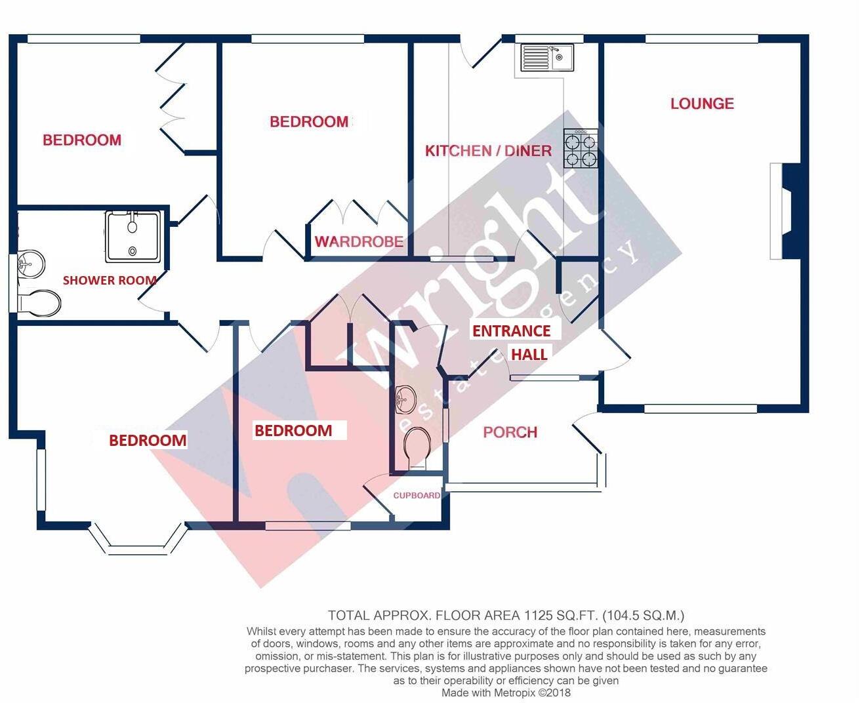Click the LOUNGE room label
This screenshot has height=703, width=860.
coord(701,104)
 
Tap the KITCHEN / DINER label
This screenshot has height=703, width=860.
coord(488,151)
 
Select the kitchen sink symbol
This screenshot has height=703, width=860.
coord(547,58)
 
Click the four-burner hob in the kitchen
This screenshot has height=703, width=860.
coord(581,150)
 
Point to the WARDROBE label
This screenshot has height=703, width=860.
coord(359,241)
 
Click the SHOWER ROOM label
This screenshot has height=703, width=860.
coord(110,280)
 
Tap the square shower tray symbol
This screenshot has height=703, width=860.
coord(133,236)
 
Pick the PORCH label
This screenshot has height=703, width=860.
coord(510,432)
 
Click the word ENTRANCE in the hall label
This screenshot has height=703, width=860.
coord(511,331)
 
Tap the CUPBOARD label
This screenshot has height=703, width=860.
coord(417,495)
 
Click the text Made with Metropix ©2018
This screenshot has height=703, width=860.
coord(506,693)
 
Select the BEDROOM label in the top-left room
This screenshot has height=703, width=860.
coord(82,140)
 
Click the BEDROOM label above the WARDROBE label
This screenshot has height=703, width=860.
coord(309,121)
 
